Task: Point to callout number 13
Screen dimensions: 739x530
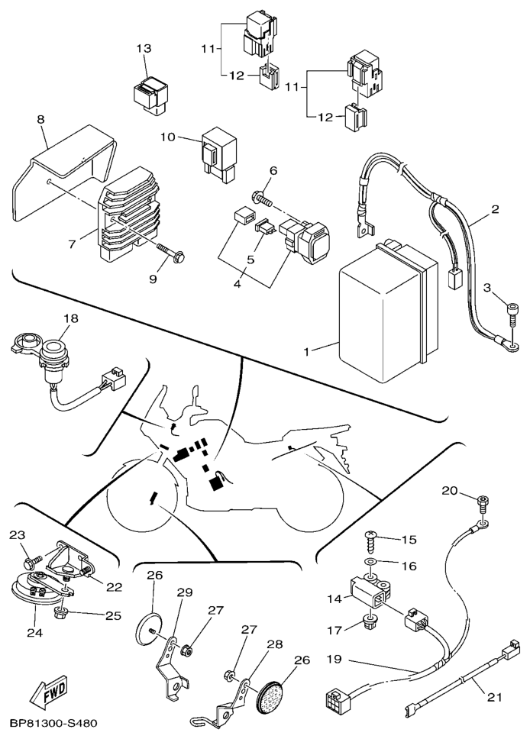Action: (x=144, y=49)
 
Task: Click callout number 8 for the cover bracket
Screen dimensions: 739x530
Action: (x=40, y=119)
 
